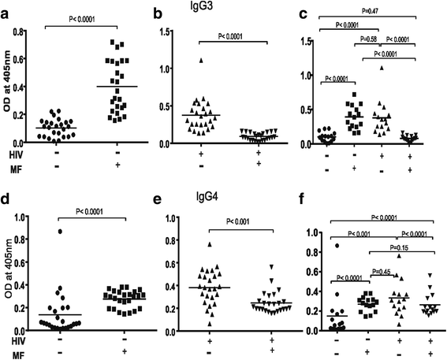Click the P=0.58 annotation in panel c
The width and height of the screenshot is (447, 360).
pyautogui.click(x=373, y=38)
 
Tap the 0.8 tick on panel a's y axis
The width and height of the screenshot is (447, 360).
pyautogui.click(x=24, y=31)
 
